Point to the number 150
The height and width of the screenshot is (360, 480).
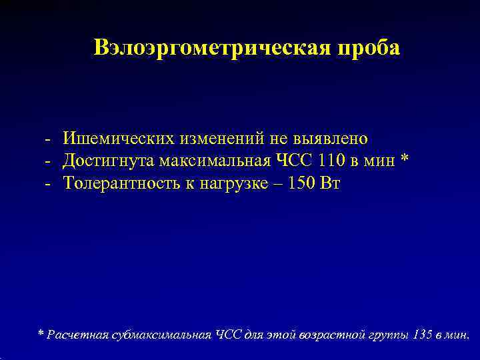pos(303,184)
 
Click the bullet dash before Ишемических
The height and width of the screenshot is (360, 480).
pos(49,139)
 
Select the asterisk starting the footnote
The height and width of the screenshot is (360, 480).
pos(41,333)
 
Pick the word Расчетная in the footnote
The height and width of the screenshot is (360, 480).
pos(75,334)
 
